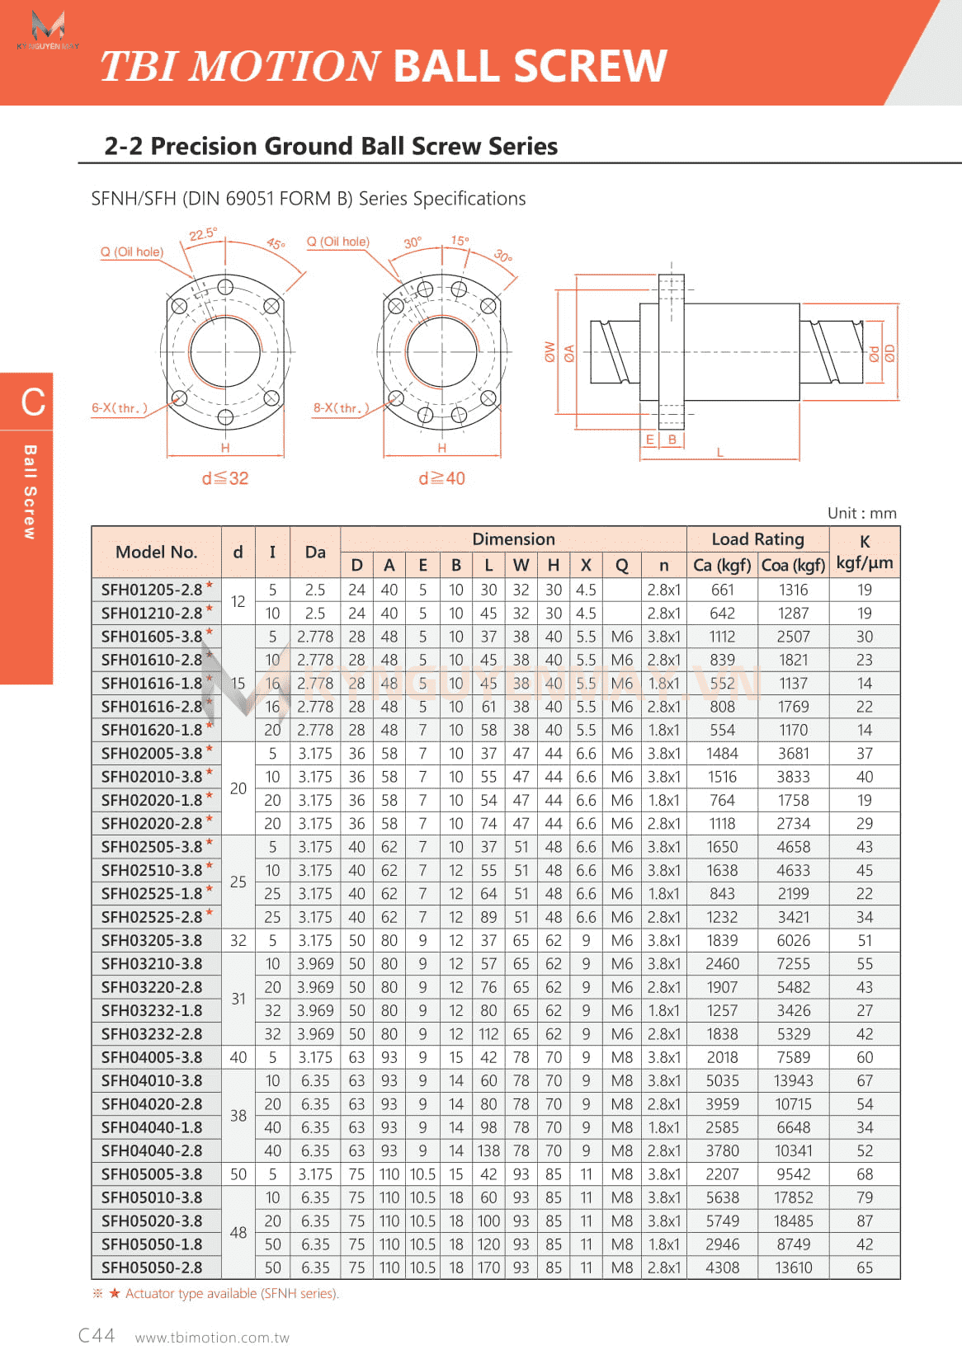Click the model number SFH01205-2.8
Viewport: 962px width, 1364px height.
point(152,590)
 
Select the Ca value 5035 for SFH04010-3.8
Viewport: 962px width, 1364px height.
point(722,1080)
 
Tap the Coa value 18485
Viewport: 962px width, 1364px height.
point(793,1221)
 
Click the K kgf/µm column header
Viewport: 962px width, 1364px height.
point(864,552)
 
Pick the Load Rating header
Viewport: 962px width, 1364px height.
point(757,539)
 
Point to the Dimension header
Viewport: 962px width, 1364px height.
point(513,539)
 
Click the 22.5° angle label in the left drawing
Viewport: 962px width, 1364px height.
point(203,234)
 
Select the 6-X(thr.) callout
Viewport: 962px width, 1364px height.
point(120,408)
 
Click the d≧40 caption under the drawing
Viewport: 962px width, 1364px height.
point(442,478)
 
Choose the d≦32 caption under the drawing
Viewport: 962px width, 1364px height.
point(225,478)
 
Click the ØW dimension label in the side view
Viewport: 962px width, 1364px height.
point(549,352)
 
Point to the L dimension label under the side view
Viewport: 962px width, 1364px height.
point(719,452)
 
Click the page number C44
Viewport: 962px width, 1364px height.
point(97,1335)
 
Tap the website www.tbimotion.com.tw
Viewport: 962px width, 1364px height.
point(212,1338)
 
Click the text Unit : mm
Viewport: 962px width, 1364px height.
point(861,513)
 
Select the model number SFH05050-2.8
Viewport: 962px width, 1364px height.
point(152,1268)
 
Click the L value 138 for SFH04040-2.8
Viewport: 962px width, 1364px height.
point(488,1150)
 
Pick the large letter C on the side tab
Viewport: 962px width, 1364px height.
point(33,402)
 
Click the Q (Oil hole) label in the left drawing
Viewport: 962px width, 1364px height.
point(132,252)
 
